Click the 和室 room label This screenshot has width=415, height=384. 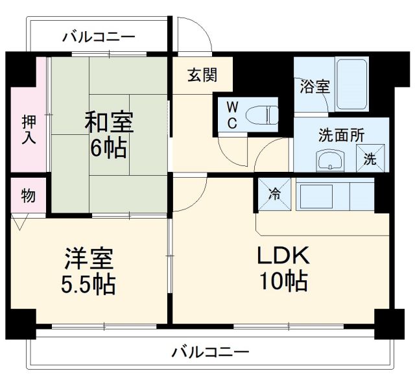(109, 123)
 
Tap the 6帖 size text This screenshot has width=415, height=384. (109, 149)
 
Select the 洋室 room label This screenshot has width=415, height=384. (89, 259)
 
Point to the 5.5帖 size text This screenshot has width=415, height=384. (89, 283)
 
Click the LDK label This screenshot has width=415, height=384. (283, 256)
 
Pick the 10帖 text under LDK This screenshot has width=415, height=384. (283, 282)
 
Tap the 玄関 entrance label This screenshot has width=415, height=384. (202, 75)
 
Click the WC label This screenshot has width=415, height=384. (231, 115)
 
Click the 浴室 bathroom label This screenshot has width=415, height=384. (314, 87)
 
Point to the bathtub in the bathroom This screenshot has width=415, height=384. (352, 84)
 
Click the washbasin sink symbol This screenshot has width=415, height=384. (331, 160)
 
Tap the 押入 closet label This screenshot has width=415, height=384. (29, 130)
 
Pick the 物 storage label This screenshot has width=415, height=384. (28, 195)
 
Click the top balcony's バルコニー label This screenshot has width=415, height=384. (99, 37)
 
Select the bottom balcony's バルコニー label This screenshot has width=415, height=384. (210, 353)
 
